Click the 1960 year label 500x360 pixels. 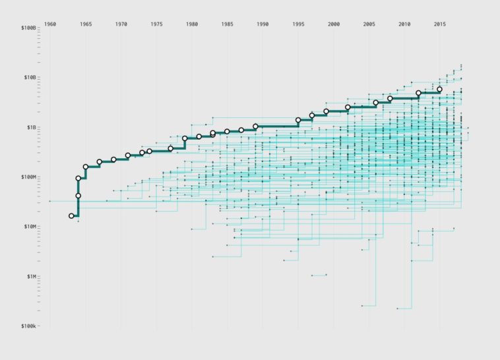50,24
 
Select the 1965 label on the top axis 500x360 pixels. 86,24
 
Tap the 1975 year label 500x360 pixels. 156,24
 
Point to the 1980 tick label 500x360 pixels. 192,24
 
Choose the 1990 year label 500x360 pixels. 263,24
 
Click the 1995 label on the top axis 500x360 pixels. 298,24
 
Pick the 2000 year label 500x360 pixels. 334,24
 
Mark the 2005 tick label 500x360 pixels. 369,24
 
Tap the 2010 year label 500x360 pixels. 404,24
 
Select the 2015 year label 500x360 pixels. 440,24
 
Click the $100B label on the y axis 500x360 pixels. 28,28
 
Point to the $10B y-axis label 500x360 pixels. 29,78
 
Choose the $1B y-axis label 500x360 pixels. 30,127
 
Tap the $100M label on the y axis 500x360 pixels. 28,177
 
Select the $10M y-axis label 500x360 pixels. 29,227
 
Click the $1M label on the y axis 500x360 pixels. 30,276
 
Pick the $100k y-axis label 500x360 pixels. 28,326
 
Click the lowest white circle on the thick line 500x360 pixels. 71,216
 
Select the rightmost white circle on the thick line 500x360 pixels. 439,89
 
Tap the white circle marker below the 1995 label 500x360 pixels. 298,120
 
